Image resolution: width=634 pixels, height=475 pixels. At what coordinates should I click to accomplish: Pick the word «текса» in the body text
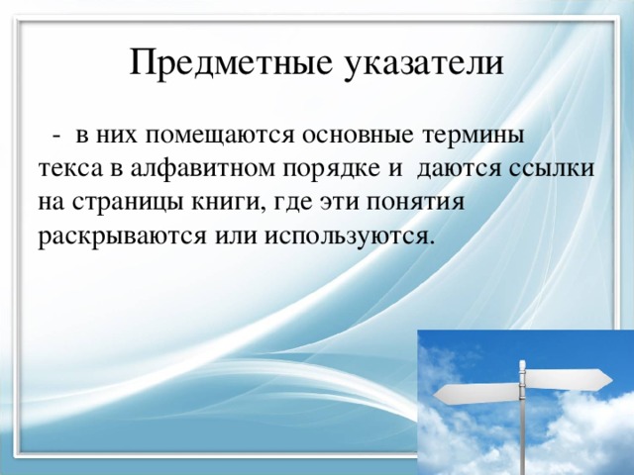tap(66, 167)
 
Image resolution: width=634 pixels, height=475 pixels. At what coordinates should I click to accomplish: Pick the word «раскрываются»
tap(116, 237)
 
